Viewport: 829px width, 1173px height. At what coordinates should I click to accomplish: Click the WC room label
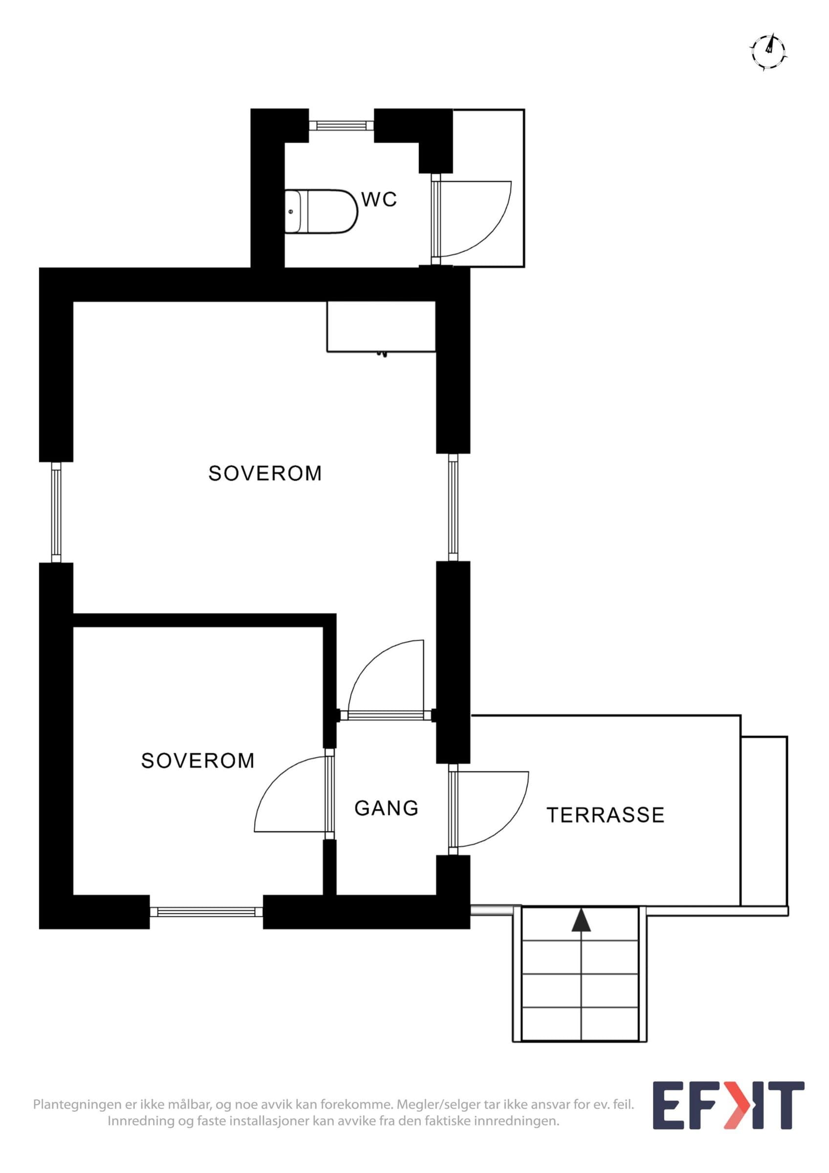379,199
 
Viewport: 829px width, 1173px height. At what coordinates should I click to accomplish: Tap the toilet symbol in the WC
321,212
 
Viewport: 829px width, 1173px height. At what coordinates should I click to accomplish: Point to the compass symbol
769,52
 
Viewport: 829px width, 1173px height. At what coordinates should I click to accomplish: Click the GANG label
386,808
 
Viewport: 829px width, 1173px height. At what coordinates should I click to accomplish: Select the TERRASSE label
605,815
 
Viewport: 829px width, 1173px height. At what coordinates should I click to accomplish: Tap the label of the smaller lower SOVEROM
197,760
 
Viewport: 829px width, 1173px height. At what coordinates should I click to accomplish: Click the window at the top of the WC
341,125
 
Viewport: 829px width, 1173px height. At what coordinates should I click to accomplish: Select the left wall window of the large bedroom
56,512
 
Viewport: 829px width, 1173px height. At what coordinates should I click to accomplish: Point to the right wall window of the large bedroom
453,507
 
